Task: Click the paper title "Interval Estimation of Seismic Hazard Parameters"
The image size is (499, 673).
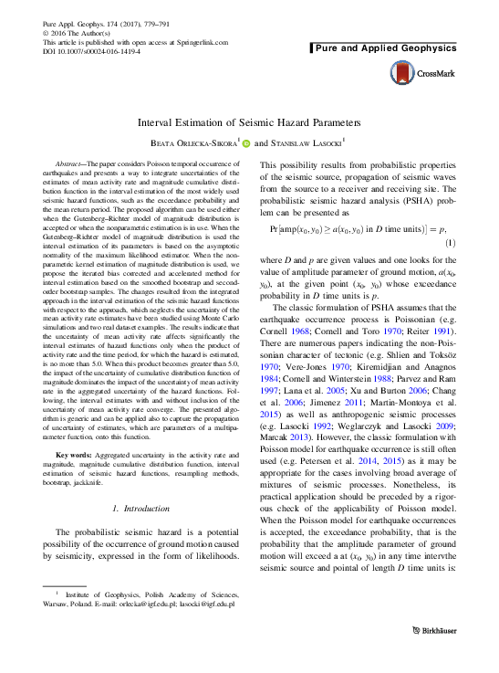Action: [249, 122]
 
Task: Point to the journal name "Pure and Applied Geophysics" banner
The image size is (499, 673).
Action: [379, 45]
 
